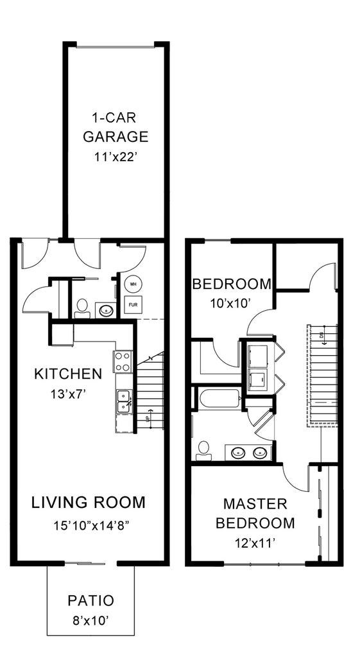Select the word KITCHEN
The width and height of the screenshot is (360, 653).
(68, 374)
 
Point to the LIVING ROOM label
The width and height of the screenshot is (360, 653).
(89, 502)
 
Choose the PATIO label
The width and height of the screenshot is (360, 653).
(91, 601)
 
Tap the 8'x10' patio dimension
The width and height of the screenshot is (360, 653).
(91, 622)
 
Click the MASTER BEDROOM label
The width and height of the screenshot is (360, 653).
(255, 513)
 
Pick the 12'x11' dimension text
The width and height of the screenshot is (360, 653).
(255, 543)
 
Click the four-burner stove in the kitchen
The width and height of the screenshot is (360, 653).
(123, 361)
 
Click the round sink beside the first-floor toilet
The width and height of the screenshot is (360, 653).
(106, 311)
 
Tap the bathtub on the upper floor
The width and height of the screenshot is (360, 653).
(219, 399)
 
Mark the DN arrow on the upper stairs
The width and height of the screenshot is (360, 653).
(323, 335)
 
